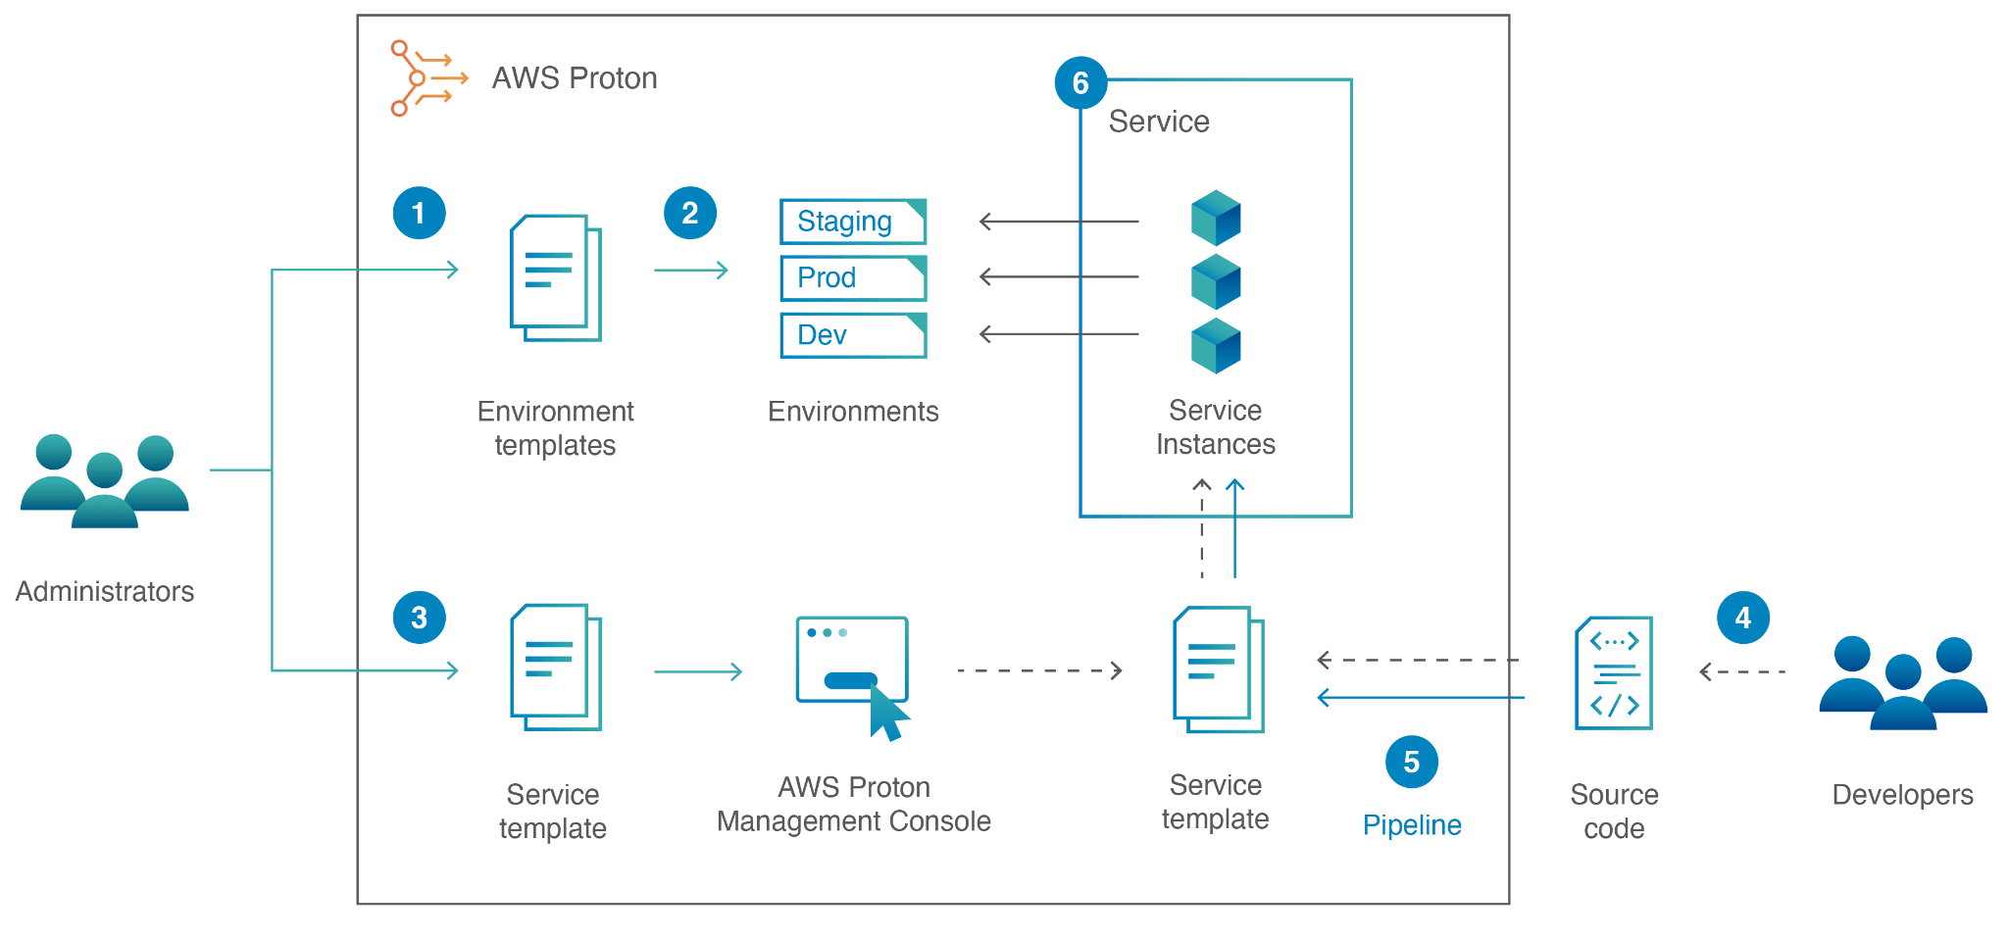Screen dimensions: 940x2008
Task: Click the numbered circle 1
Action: [419, 213]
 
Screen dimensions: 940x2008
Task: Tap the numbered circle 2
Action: [689, 213]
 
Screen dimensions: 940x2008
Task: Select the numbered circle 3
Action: [419, 618]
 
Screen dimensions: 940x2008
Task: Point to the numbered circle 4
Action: [1742, 618]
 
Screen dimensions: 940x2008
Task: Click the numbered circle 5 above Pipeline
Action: [1411, 762]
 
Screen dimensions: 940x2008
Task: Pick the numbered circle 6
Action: [1080, 83]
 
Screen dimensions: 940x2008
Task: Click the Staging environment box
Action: [853, 222]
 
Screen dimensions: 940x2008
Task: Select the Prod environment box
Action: [853, 278]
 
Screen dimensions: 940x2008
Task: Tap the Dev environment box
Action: [853, 335]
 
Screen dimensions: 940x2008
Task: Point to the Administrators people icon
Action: [104, 480]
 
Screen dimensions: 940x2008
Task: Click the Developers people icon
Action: [1902, 683]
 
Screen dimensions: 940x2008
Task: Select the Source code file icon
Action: [1613, 672]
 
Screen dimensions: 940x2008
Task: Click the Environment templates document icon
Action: [555, 278]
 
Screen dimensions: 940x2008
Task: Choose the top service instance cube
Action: [1215, 218]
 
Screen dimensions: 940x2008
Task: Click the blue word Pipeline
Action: [1411, 825]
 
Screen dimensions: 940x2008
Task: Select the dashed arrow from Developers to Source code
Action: [1742, 672]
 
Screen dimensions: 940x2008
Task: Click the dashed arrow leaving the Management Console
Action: [1039, 670]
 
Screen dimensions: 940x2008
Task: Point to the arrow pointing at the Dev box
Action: [1059, 334]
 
